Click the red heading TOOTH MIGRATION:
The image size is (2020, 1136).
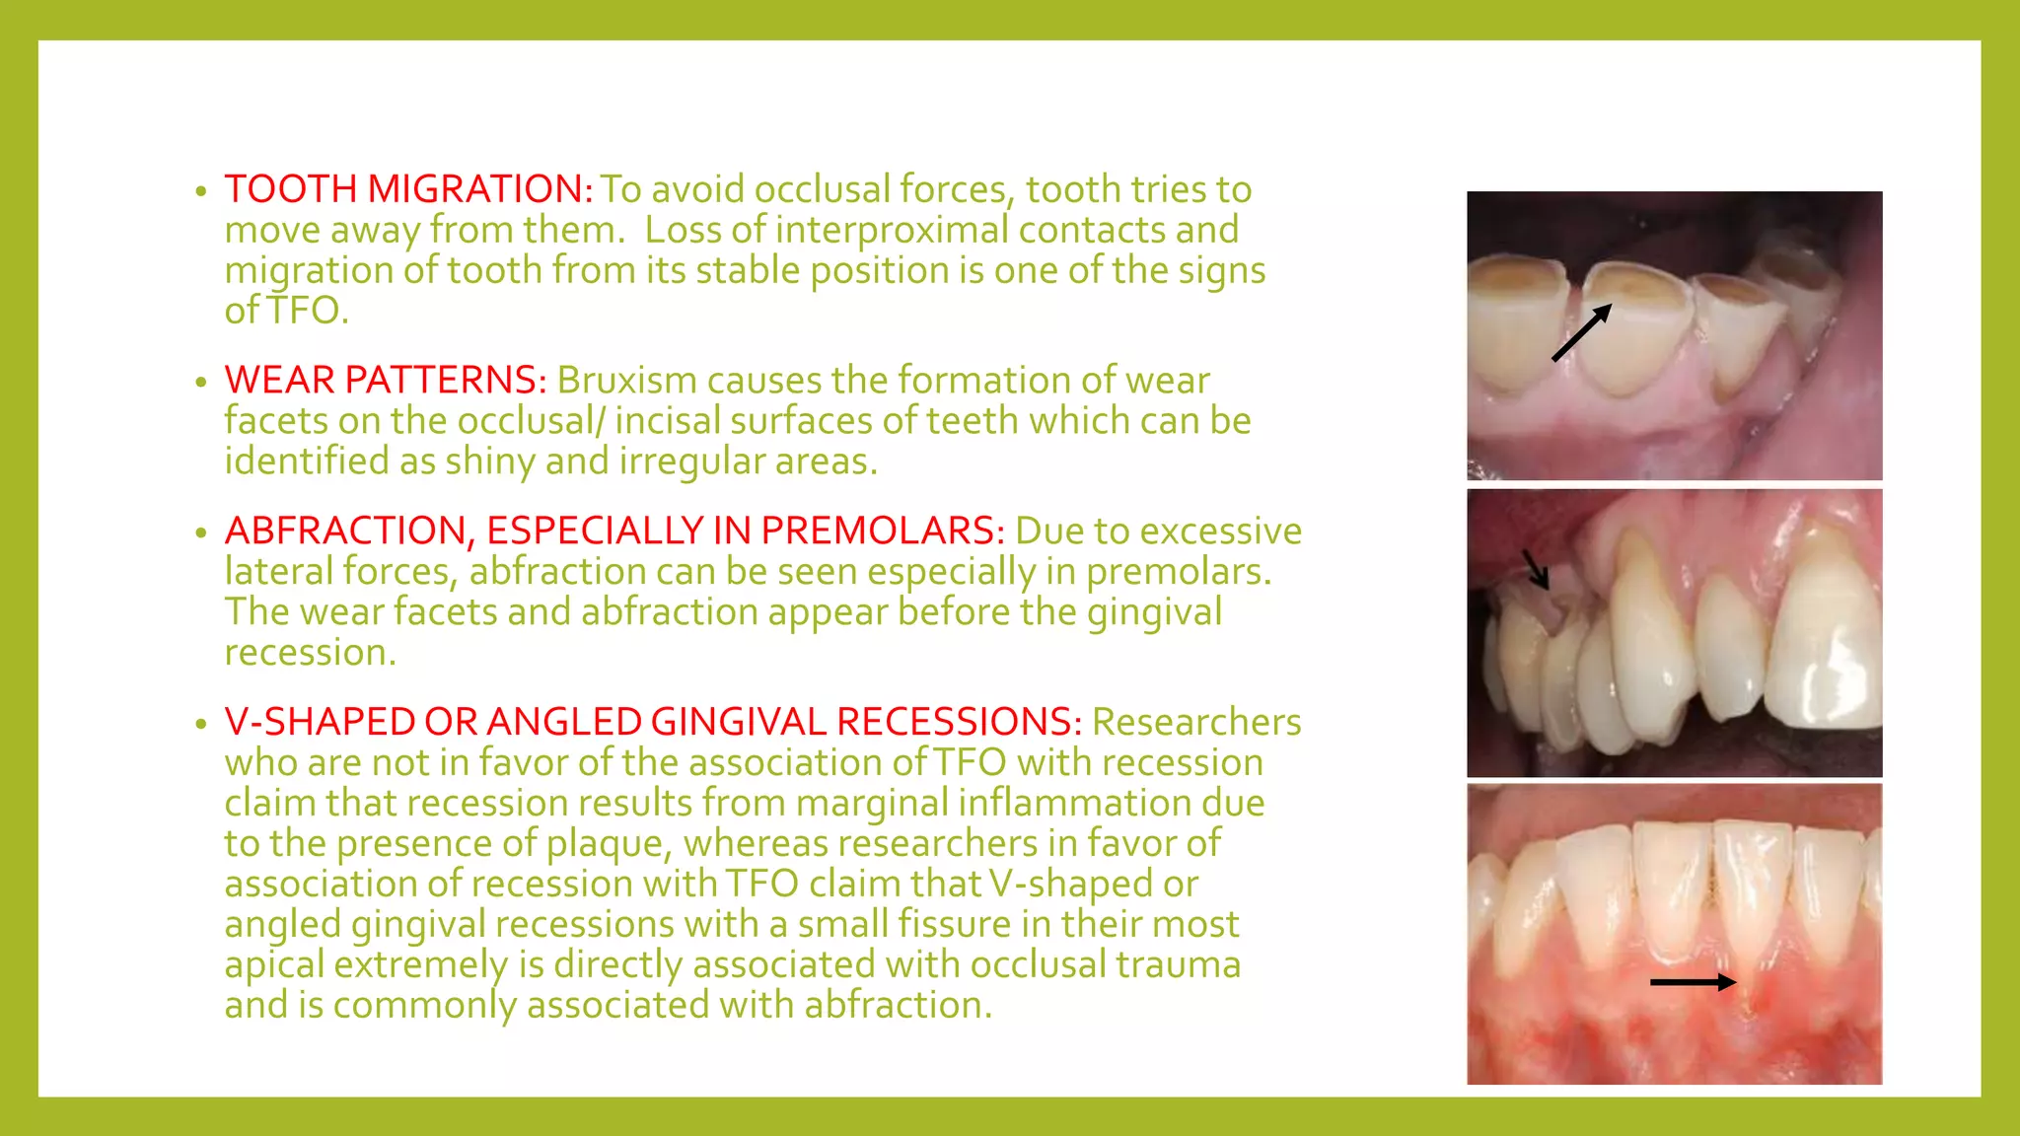[408, 189]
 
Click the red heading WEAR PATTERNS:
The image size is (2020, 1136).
[385, 381]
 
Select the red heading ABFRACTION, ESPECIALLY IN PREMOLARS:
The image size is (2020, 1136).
[614, 532]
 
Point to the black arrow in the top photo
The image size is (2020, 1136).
[1581, 332]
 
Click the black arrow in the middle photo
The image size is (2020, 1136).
[1536, 569]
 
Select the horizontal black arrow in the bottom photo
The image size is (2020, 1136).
[1693, 982]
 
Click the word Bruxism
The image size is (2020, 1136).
[626, 381]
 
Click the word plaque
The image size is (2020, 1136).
[609, 844]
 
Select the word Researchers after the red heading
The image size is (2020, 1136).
[1196, 723]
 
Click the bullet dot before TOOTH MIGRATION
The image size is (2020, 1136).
[201, 191]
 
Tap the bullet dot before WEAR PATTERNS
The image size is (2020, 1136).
[201, 383]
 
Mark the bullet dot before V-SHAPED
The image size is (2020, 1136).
[201, 725]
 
